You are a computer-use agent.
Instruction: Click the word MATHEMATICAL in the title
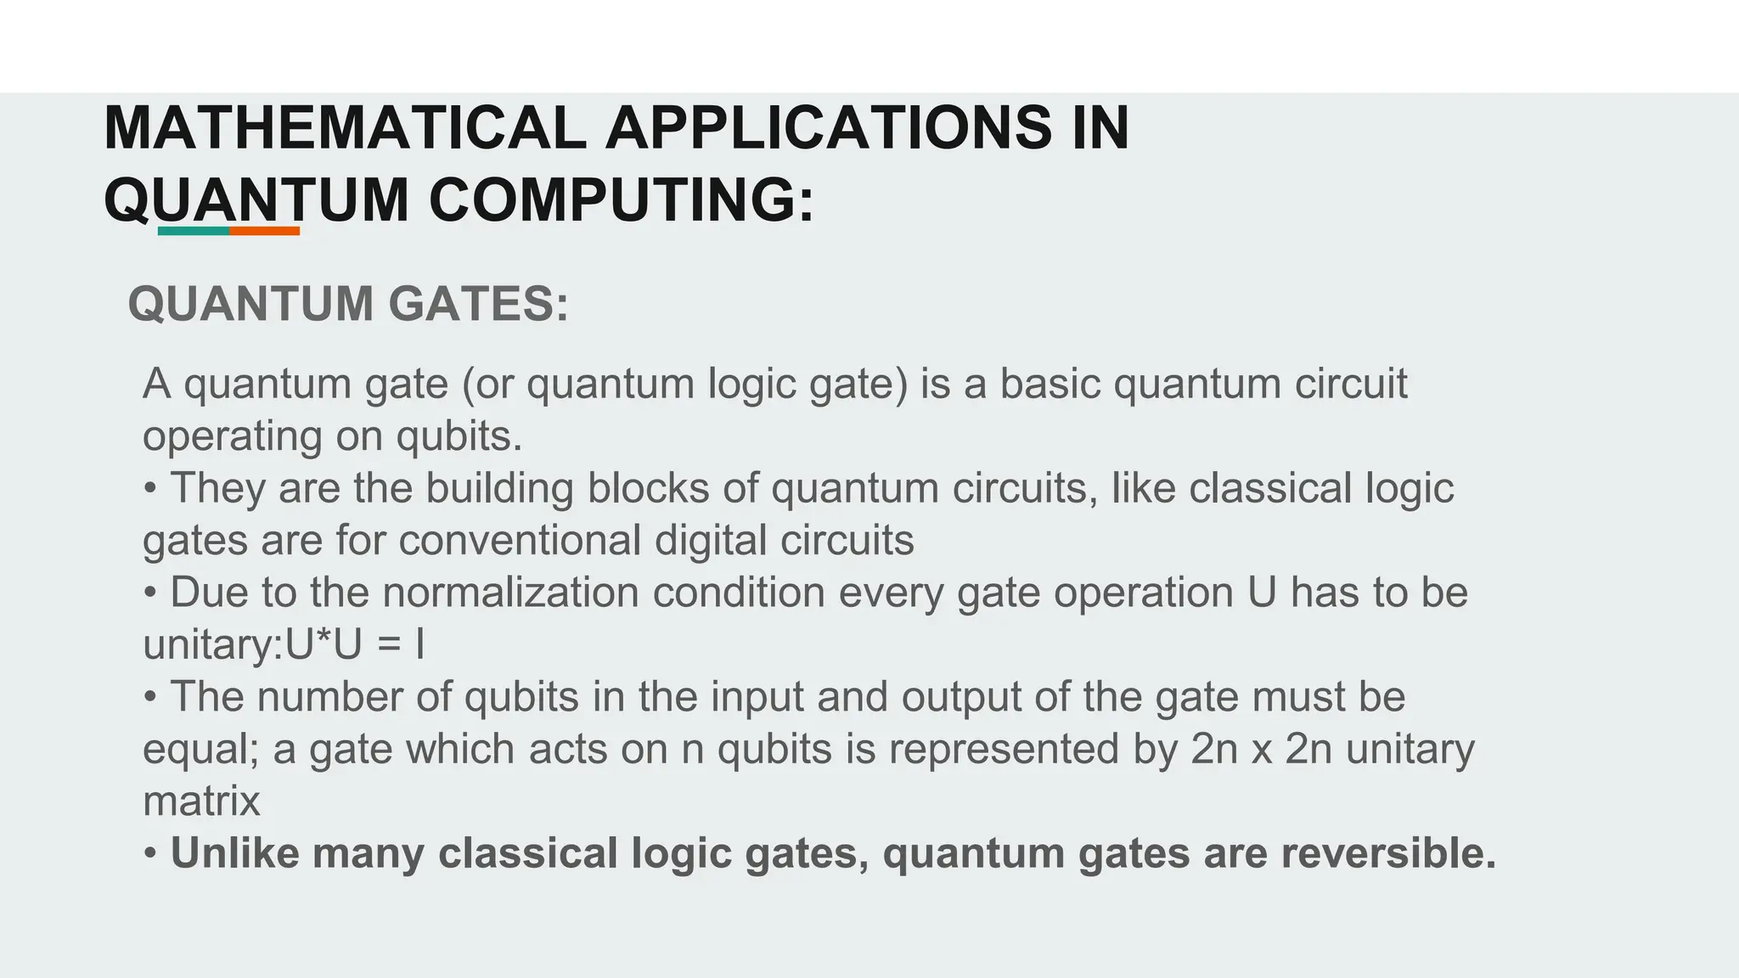[344, 129]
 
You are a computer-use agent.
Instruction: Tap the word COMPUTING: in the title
[622, 201]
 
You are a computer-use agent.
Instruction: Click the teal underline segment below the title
[194, 231]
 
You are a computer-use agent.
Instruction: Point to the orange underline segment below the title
[264, 231]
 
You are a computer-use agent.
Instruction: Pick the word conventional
[520, 541]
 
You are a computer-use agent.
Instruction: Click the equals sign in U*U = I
[388, 646]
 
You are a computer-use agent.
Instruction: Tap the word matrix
[201, 801]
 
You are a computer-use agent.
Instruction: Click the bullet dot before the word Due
[150, 593]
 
